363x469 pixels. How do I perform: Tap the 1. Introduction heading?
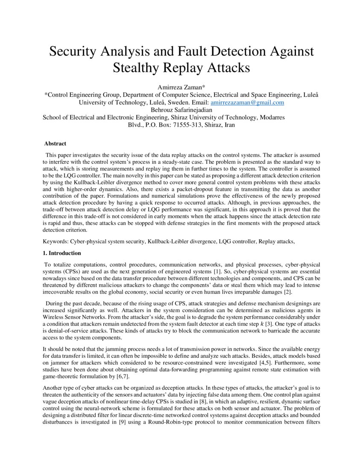pyautogui.click(x=62, y=253)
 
